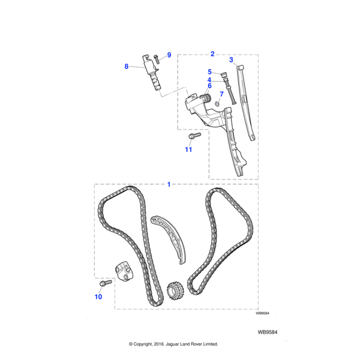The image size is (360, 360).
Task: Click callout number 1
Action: pos(169,184)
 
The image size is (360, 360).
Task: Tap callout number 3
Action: pos(232,60)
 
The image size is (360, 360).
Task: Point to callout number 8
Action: pos(126,67)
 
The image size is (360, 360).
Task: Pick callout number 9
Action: pos(169,55)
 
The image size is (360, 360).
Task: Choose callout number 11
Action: pos(188,149)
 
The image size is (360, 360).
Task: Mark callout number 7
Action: pos(221,94)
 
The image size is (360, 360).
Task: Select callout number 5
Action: pos(209,72)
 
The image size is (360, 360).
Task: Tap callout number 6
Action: pos(209,86)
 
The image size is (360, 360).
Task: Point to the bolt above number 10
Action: pos(107,282)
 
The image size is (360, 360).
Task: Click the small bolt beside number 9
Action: pos(156,58)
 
